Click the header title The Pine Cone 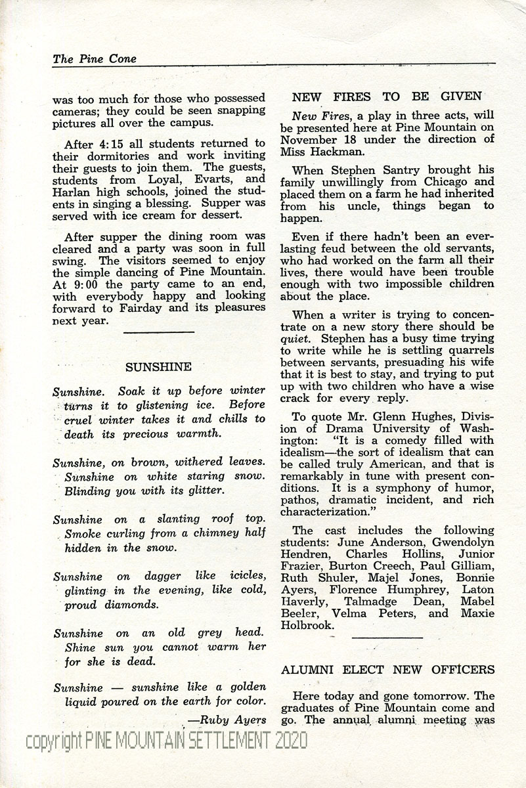pos(95,58)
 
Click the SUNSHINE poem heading pos(158,366)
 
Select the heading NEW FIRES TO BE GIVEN pos(387,97)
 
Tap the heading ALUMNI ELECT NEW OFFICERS pos(388,670)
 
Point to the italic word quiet pos(294,338)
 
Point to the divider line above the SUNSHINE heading pos(158,332)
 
